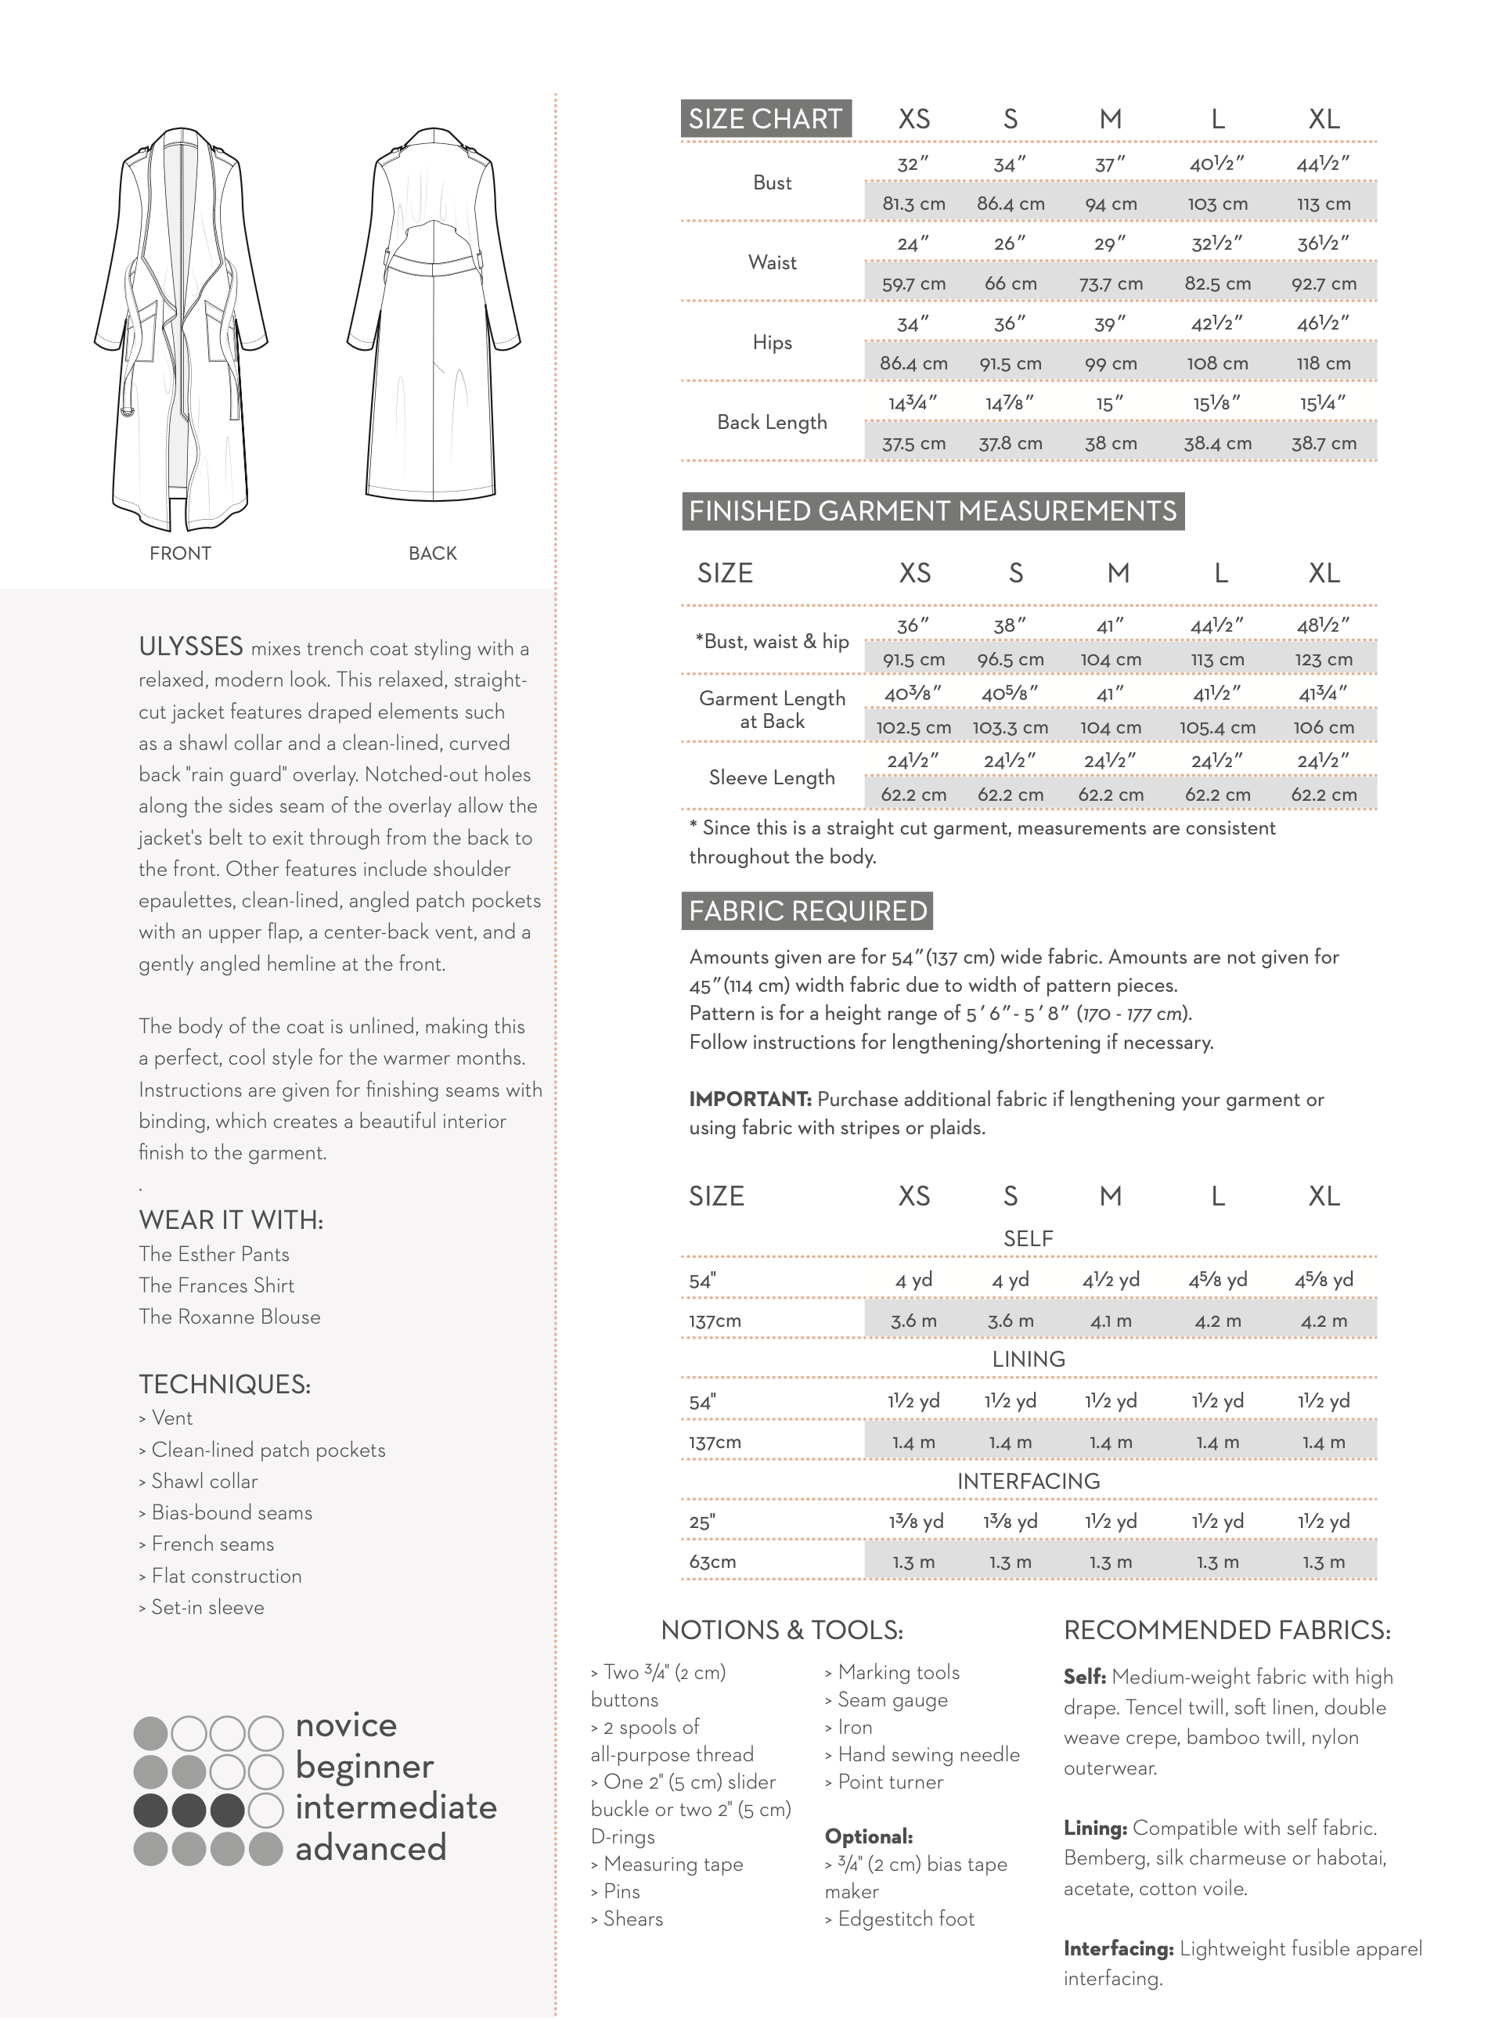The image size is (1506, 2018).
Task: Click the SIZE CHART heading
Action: click(x=765, y=120)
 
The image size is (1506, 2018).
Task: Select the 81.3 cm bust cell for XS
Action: click(x=913, y=204)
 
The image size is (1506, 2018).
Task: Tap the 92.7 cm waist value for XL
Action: click(x=1323, y=283)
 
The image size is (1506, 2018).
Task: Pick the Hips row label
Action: click(x=771, y=343)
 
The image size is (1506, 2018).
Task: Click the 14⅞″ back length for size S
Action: click(x=1009, y=403)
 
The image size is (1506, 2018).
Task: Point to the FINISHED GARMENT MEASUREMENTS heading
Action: click(x=931, y=511)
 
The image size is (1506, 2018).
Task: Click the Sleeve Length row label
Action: click(x=771, y=777)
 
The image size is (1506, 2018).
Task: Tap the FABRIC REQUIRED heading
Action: click(x=807, y=910)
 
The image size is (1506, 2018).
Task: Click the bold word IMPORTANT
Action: click(x=749, y=1099)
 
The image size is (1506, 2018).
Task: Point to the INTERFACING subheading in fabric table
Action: click(x=1028, y=1481)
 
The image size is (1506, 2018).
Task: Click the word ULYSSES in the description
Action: click(x=190, y=647)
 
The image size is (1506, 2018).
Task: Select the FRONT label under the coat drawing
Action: click(x=181, y=553)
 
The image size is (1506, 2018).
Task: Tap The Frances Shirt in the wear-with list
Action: click(x=216, y=1285)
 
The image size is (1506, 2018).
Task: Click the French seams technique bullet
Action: click(x=211, y=1544)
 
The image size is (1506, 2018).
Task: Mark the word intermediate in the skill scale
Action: click(x=395, y=1807)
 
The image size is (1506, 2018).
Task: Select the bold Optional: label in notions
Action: click(x=868, y=1836)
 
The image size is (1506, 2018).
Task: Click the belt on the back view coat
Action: click(x=434, y=265)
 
